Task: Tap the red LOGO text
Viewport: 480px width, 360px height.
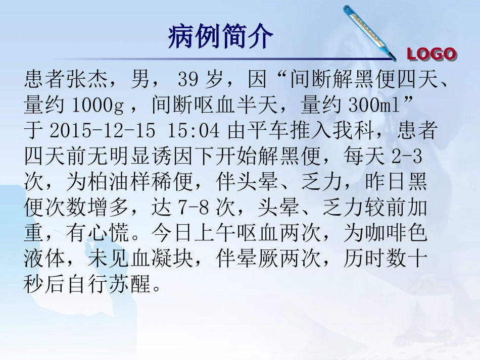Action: click(x=431, y=54)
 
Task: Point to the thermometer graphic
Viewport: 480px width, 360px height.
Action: click(x=369, y=30)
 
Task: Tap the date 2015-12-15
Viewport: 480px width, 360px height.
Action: click(x=103, y=131)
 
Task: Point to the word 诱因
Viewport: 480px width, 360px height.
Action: click(x=172, y=157)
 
